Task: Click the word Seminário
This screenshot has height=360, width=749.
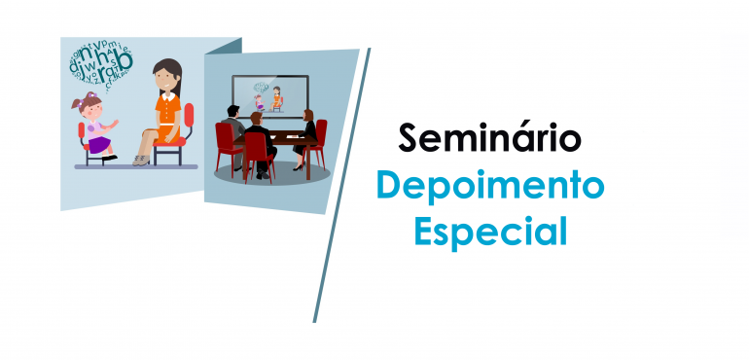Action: (489, 139)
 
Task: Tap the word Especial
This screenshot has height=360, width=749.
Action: (490, 232)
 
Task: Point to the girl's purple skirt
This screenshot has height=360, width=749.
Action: (99, 144)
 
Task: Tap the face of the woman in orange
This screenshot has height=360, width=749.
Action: (168, 76)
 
